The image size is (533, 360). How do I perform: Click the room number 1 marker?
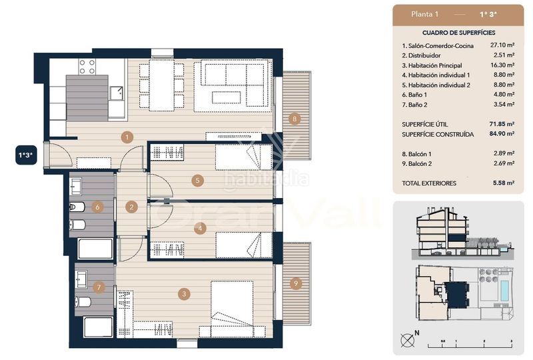tap(127, 137)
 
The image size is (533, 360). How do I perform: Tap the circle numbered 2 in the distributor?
tap(132, 207)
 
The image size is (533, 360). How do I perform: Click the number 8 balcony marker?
tap(295, 120)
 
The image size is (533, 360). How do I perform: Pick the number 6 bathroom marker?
tap(97, 207)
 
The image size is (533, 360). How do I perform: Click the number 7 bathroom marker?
tap(99, 288)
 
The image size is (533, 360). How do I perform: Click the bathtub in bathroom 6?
tap(95, 249)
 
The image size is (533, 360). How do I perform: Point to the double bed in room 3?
tap(232, 308)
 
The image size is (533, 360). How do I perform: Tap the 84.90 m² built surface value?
tap(500, 134)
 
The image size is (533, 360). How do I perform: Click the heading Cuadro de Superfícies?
tap(458, 33)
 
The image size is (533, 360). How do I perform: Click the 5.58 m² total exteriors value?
tap(502, 183)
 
